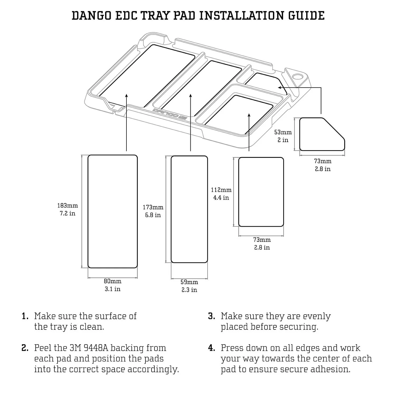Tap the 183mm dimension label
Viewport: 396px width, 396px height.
point(68,206)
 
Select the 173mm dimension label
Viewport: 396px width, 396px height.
point(153,208)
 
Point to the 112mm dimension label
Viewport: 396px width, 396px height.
point(221,190)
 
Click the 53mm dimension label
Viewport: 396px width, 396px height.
point(283,132)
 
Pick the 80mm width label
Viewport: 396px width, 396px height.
point(112,281)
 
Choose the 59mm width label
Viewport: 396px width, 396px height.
point(189,282)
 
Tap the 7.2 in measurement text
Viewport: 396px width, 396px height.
point(68,213)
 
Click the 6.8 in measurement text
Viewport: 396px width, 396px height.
point(153,215)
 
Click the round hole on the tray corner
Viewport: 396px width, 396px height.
point(298,77)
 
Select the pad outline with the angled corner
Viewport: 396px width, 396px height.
point(322,134)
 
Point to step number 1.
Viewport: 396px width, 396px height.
point(25,316)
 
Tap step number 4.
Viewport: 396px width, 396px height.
point(211,348)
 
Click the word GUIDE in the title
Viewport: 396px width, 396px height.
point(306,16)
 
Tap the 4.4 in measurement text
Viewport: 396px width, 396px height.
point(221,198)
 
